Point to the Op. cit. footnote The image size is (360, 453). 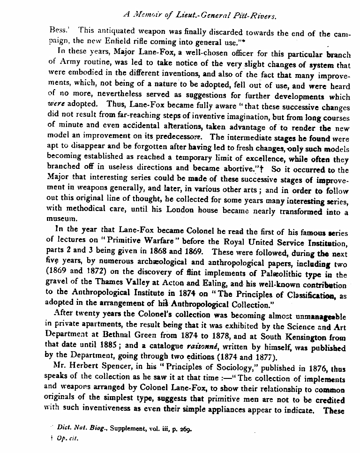(68, 439)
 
